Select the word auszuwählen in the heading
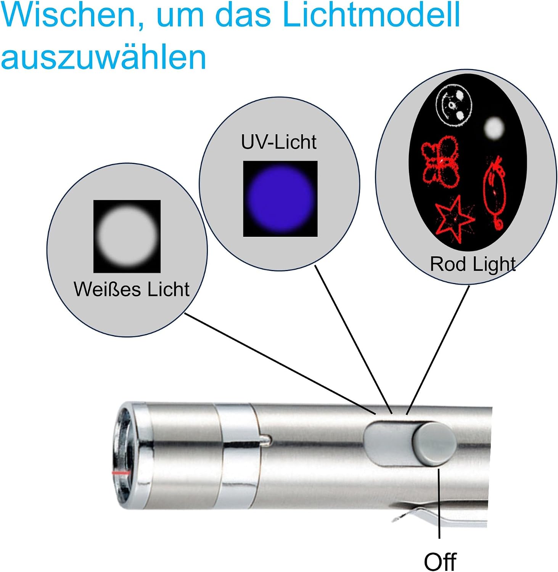pyautogui.click(x=103, y=57)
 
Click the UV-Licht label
pyautogui.click(x=279, y=142)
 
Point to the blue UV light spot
pyautogui.click(x=280, y=198)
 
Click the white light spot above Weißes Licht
pyautogui.click(x=127, y=236)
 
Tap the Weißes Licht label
pyautogui.click(x=132, y=289)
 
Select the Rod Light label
pyautogui.click(x=473, y=264)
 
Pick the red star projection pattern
pyautogui.click(x=454, y=219)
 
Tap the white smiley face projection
pyautogui.click(x=454, y=105)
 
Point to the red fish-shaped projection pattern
pyautogui.click(x=495, y=193)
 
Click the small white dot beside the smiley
pyautogui.click(x=494, y=128)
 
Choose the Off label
pyautogui.click(x=440, y=561)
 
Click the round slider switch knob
pyautogui.click(x=434, y=443)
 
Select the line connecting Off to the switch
pyautogui.click(x=439, y=503)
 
